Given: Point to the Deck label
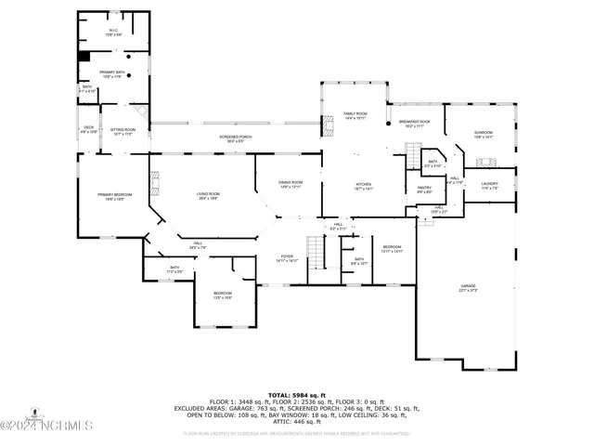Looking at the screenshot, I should click(89, 128).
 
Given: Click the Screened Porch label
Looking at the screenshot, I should click(236, 138).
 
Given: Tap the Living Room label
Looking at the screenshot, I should click(208, 196).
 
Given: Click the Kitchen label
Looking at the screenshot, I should click(364, 187).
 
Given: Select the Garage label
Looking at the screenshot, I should click(468, 287).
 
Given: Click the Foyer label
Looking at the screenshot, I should click(287, 258).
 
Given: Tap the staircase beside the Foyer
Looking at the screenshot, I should click(317, 253).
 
